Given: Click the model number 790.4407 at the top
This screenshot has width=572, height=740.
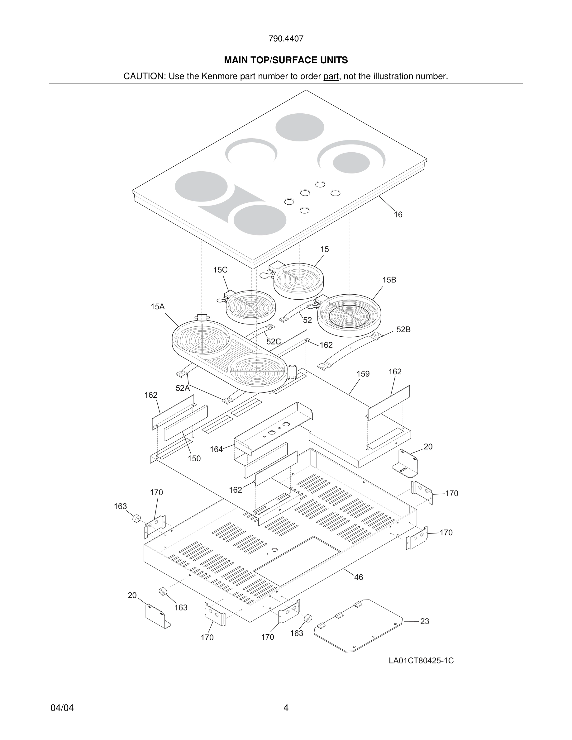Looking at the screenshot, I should [286, 39].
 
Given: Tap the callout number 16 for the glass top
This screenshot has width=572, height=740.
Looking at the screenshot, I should [398, 215].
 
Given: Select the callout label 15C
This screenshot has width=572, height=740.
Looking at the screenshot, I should [220, 270].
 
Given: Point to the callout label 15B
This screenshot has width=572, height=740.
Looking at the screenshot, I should [389, 280].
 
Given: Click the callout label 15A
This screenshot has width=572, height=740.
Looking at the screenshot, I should [158, 307].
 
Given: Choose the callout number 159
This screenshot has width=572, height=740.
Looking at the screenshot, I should [363, 374].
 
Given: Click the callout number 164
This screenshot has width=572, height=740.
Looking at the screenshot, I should [216, 449].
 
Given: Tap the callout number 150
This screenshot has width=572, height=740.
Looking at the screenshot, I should [194, 458].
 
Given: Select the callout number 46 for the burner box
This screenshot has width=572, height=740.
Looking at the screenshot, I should [359, 577].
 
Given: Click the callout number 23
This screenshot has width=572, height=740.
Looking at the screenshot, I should [425, 621].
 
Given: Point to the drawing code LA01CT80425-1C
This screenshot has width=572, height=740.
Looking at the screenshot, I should [421, 661].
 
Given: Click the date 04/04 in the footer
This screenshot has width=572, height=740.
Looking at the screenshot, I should [62, 708].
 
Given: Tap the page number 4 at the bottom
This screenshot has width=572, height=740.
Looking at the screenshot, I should [286, 708].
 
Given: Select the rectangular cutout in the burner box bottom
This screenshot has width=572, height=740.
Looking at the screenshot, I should [297, 561].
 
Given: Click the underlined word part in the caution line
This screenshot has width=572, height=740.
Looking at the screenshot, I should [331, 77].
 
